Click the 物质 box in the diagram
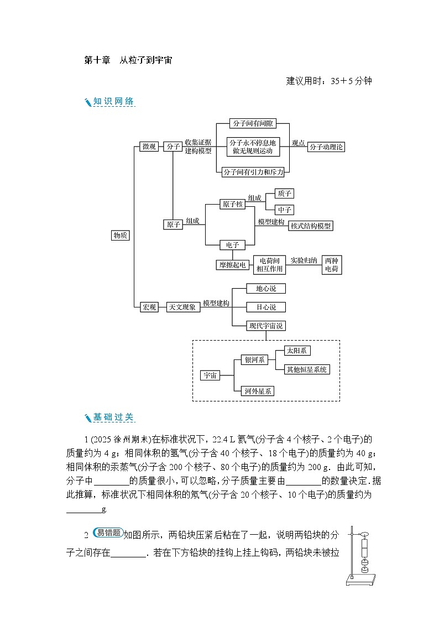tap(121, 236)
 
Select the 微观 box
tap(149, 147)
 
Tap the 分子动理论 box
tap(326, 147)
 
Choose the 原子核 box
tap(232, 205)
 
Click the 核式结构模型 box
tap(311, 226)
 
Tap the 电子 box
tap(232, 245)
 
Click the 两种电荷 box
tap(331, 264)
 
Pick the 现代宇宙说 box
tap(266, 326)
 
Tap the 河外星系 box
tap(259, 391)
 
